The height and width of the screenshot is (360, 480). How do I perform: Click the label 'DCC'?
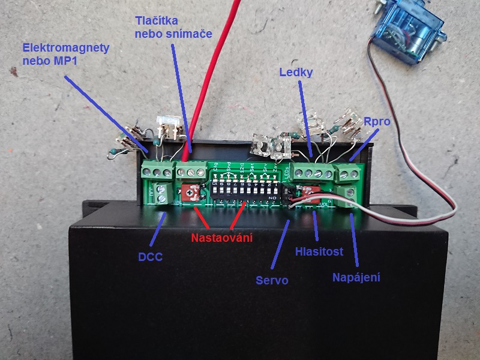click(150, 257)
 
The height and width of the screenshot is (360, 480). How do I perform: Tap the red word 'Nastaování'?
click(221, 238)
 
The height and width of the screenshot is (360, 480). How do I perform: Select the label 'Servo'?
click(272, 280)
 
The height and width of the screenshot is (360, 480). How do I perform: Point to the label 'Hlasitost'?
click(319, 252)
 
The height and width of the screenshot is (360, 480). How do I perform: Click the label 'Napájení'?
click(356, 277)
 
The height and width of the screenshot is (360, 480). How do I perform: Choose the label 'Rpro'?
click(377, 122)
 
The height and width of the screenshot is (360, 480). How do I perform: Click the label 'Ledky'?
click(296, 73)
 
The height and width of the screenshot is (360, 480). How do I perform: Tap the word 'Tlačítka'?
click(156, 22)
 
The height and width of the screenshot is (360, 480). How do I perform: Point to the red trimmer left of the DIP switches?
click(191, 193)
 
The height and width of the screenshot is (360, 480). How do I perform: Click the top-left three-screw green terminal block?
click(157, 170)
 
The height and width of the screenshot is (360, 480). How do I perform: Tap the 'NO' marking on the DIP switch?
click(273, 197)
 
